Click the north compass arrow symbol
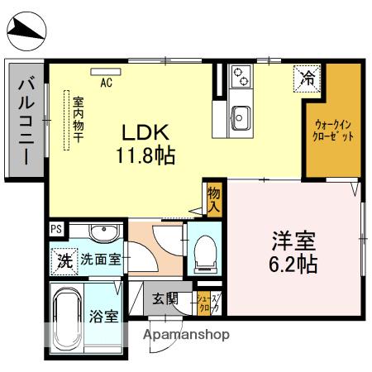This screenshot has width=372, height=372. [x=24, y=32]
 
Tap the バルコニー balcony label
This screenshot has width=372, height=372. [x=25, y=119]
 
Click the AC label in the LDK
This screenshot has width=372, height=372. [x=106, y=83]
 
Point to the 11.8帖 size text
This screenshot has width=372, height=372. [x=146, y=153]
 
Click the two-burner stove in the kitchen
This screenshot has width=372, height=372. [x=241, y=77]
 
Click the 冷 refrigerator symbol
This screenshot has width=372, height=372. [x=307, y=79]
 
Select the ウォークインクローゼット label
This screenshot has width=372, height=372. [x=334, y=131]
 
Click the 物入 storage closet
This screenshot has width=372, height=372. [x=215, y=198]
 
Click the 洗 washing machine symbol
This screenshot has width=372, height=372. [x=64, y=259]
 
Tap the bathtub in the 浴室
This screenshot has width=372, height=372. [x=65, y=317]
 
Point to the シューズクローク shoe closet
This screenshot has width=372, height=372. [x=207, y=303]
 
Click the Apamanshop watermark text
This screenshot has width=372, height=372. [x=186, y=336]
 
